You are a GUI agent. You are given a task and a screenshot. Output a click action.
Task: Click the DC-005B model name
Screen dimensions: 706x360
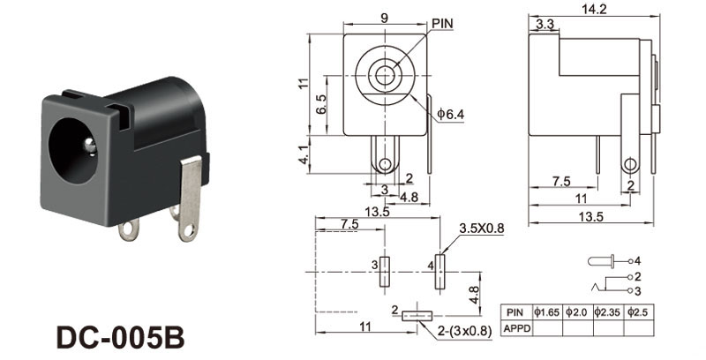point(121,337)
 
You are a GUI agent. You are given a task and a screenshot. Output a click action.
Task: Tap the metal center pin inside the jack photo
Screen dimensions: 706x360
point(90,146)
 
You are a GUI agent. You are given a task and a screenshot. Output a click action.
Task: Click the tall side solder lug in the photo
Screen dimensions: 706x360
point(190,199)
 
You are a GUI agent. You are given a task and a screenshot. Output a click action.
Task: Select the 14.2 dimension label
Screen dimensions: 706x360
point(594,9)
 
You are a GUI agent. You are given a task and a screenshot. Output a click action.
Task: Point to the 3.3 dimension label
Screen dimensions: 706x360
point(545,25)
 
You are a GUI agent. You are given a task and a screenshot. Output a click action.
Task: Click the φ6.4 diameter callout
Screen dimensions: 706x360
point(451,115)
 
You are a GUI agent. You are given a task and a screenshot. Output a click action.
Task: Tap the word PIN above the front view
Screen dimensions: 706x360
point(443,24)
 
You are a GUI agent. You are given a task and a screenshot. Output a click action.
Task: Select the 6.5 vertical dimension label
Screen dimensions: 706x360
point(321,104)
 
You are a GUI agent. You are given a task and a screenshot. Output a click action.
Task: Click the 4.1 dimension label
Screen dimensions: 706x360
point(304,154)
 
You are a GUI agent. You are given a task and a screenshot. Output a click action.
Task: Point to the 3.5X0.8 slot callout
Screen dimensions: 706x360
point(481,229)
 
